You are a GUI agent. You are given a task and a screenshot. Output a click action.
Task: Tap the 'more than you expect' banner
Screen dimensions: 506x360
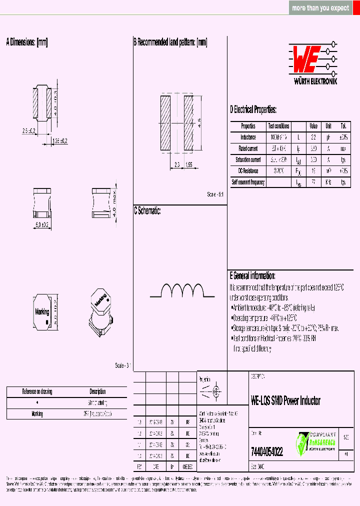coord(320,8)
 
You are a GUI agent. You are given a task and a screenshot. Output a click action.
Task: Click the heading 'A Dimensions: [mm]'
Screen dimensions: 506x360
coord(27,42)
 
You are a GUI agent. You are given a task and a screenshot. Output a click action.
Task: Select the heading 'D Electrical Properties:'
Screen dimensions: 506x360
coord(253,110)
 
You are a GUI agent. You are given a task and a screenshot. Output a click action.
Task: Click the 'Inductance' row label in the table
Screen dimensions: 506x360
coord(248,137)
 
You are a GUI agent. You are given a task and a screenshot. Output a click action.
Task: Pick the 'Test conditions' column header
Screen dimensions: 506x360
coord(278,126)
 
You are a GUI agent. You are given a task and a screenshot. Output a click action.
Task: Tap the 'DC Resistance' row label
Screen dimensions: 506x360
coord(248,171)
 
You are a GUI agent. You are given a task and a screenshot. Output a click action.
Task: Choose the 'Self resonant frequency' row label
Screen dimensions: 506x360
coord(248,182)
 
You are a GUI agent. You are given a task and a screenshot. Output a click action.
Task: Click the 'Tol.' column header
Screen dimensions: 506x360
coord(343,126)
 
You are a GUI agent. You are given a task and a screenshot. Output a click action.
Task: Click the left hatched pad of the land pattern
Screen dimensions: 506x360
coord(165,123)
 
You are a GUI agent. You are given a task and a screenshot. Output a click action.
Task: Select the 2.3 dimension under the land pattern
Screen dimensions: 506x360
coord(177,164)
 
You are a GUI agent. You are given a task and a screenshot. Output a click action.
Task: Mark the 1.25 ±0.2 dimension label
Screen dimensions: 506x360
coord(60,141)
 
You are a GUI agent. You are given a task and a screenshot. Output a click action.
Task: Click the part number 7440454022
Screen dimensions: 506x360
coord(266,452)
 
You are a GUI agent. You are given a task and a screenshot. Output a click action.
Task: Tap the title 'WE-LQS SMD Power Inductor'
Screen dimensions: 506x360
coord(285,400)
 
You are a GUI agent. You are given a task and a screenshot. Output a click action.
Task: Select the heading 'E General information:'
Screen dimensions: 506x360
coord(252,275)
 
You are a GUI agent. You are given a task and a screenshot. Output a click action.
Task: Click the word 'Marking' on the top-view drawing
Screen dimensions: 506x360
coord(42,311)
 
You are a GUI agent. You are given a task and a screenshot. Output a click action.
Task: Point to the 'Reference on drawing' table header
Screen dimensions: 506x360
coord(37,391)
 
